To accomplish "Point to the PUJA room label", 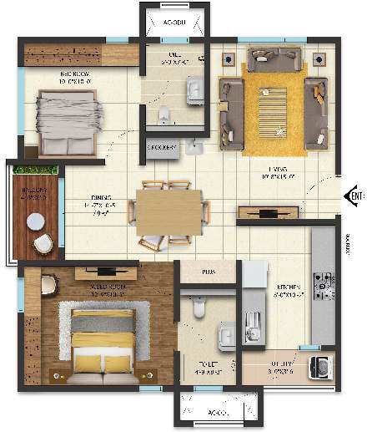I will (209, 272).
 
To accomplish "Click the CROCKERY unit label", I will (163, 148).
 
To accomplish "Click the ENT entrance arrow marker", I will (354, 196).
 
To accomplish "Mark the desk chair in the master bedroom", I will (48, 285).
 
